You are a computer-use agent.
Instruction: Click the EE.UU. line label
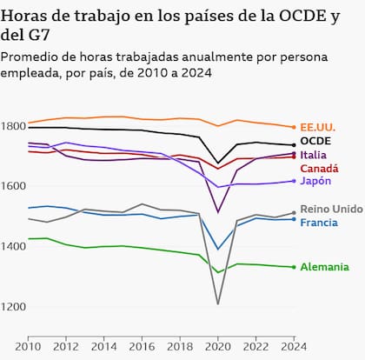319,127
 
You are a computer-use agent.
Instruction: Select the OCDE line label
314,141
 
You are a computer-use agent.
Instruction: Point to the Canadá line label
319,168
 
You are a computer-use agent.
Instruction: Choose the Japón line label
315,181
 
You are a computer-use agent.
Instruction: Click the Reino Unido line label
330,210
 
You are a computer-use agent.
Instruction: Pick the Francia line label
319,223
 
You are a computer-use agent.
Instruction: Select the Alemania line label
325,267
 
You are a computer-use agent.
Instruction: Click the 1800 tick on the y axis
14,127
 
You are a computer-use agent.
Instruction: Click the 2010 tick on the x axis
28,347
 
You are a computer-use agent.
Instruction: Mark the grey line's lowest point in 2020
216,303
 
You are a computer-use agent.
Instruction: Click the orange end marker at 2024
294,127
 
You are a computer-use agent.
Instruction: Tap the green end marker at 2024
294,267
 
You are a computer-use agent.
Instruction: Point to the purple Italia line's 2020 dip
217,212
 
